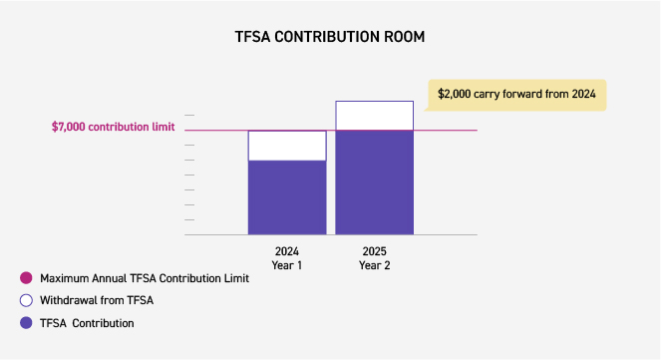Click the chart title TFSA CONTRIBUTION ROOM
click(329, 37)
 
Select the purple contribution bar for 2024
click(287, 197)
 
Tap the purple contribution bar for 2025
click(374, 182)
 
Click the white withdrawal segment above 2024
click(287, 146)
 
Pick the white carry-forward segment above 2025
click(374, 116)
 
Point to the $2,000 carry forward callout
click(516, 94)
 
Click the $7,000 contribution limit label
click(113, 128)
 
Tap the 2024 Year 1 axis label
click(287, 257)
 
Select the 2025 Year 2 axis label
click(374, 257)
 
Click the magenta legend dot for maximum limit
click(25, 278)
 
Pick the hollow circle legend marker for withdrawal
click(25, 300)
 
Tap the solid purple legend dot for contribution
click(25, 323)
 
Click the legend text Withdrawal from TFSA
click(96, 300)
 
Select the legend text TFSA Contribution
click(87, 323)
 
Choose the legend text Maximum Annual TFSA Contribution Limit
click(144, 278)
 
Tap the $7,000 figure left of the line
click(69, 128)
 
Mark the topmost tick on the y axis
click(189, 116)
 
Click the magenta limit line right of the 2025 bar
click(446, 130)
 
